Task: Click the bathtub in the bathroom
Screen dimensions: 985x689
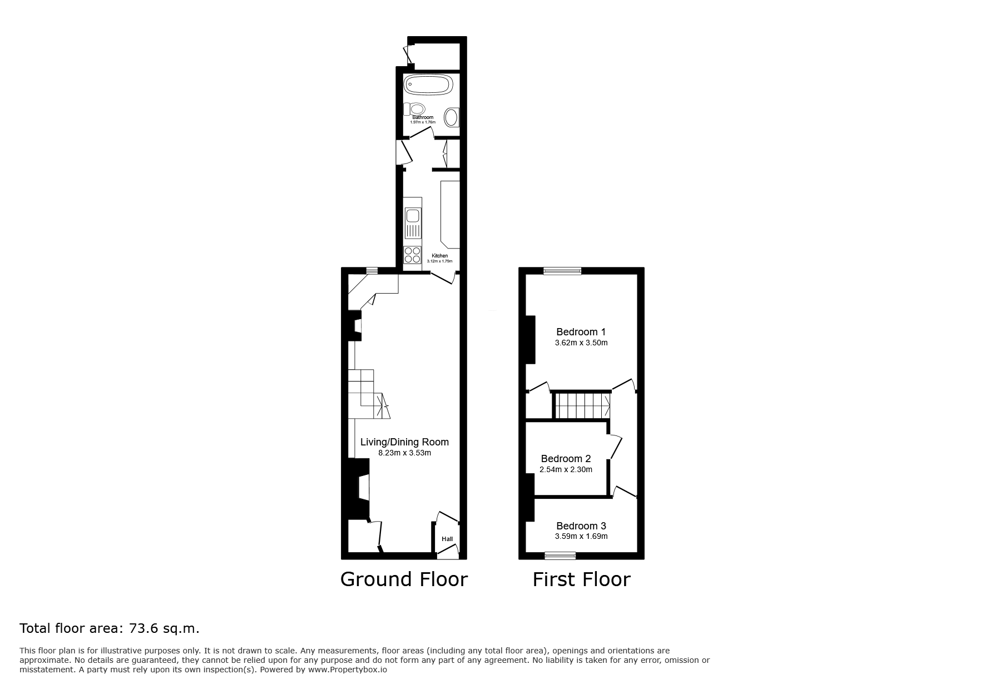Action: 428,85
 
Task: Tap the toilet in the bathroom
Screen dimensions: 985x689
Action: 414,108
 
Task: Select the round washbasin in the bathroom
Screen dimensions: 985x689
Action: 452,117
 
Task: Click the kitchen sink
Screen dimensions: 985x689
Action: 413,222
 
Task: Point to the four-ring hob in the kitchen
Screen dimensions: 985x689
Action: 413,255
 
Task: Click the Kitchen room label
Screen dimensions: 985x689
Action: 439,256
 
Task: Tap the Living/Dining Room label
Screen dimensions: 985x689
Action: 404,442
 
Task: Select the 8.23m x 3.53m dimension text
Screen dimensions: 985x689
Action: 404,453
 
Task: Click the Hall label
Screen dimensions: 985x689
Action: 447,539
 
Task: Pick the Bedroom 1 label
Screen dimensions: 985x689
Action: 581,332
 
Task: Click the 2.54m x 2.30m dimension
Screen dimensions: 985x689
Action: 566,469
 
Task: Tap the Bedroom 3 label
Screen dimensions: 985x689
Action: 581,526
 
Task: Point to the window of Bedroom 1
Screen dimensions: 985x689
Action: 562,271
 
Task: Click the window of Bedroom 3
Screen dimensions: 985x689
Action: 560,555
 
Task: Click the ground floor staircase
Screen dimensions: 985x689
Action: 367,394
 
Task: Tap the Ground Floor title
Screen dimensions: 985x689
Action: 404,579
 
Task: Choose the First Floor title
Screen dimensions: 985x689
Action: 581,579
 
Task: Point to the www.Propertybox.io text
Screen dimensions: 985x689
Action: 348,670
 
